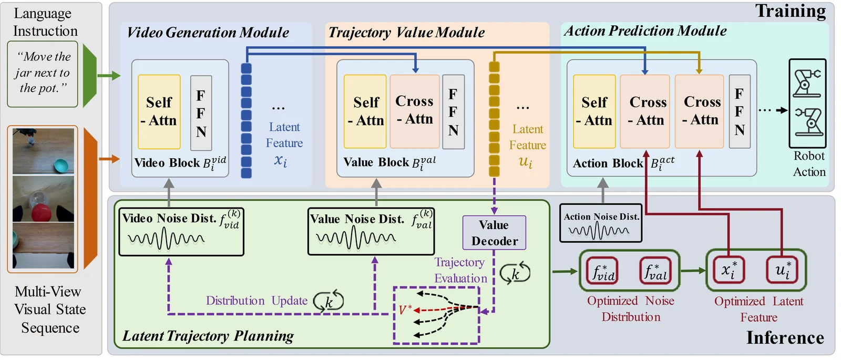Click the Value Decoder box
pyautogui.click(x=494, y=233)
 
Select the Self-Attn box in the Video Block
pyautogui.click(x=159, y=112)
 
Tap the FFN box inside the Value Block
pyautogui.click(x=453, y=112)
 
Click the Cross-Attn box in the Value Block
pyautogui.click(x=415, y=111)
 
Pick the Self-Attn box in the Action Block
pyautogui.click(x=594, y=111)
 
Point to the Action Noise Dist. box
pyautogui.click(x=601, y=223)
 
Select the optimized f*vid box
pyautogui.click(x=603, y=271)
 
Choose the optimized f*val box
pyautogui.click(x=655, y=271)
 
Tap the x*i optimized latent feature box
pyautogui.click(x=729, y=270)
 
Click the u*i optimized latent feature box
pyautogui.click(x=782, y=270)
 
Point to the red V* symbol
pyautogui.click(x=405, y=310)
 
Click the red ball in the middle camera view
pyautogui.click(x=42, y=213)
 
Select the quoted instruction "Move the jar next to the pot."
pyautogui.click(x=43, y=73)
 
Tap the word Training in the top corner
pyautogui.click(x=791, y=11)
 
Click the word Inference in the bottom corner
pyautogui.click(x=785, y=337)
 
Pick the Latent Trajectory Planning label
pyautogui.click(x=208, y=336)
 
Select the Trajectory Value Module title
pyautogui.click(x=407, y=33)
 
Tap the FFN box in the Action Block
pyautogui.click(x=740, y=111)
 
